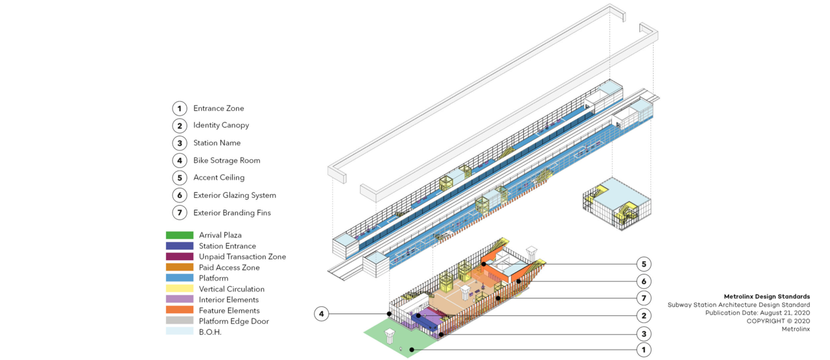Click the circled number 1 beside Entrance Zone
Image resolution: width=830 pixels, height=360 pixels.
click(x=180, y=108)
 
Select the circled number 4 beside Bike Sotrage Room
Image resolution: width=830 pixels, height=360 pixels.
click(x=180, y=160)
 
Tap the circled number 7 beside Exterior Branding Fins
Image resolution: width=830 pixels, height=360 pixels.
click(x=180, y=213)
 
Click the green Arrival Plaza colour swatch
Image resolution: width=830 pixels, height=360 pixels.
click(x=180, y=235)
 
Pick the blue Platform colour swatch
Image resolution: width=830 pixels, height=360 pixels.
click(x=180, y=278)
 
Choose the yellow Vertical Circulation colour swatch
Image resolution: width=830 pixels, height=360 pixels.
click(x=180, y=289)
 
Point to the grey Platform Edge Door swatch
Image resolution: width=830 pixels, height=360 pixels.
click(x=180, y=321)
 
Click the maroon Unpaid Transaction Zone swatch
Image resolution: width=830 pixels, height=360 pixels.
click(x=180, y=257)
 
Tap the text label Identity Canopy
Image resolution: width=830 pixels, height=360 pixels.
click(x=220, y=125)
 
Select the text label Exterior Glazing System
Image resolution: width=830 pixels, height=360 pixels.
click(x=234, y=195)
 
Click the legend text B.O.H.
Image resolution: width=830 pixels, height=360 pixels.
click(x=210, y=331)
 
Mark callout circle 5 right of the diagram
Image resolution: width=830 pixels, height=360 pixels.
click(x=643, y=264)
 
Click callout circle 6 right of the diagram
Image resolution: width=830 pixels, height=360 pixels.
click(x=643, y=282)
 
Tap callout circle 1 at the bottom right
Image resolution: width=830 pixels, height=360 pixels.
click(x=643, y=350)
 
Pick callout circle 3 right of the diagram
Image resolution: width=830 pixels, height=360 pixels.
click(x=643, y=333)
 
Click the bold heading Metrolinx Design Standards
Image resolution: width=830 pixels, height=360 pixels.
click(x=766, y=296)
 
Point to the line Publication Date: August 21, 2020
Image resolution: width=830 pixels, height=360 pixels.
click(x=757, y=313)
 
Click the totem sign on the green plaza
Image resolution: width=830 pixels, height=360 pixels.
click(x=390, y=336)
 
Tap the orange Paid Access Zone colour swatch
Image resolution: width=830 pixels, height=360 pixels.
click(x=180, y=267)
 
